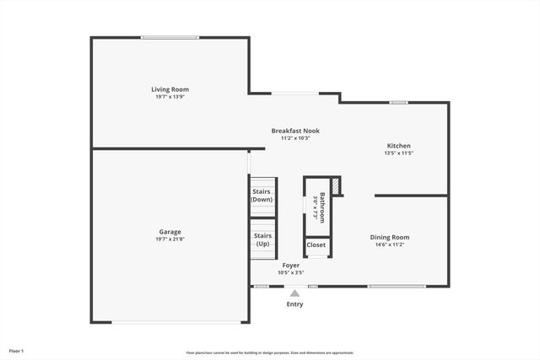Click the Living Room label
tap(170, 89)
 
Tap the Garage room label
tap(170, 232)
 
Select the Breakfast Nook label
tap(295, 131)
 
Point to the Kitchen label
tap(398, 146)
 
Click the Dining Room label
tap(389, 237)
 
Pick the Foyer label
tap(290, 265)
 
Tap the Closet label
tap(316, 245)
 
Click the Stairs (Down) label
tap(262, 196)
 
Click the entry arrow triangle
tap(294, 293)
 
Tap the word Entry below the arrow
tap(294, 304)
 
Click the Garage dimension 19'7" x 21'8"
tap(170, 240)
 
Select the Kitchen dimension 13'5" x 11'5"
tap(398, 153)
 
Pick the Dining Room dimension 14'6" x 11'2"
tap(389, 244)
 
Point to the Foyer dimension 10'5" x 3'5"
tap(290, 272)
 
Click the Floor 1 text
tap(17, 350)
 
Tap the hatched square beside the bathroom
tap(335, 185)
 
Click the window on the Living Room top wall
tap(170, 37)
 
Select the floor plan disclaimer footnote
tap(270, 352)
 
